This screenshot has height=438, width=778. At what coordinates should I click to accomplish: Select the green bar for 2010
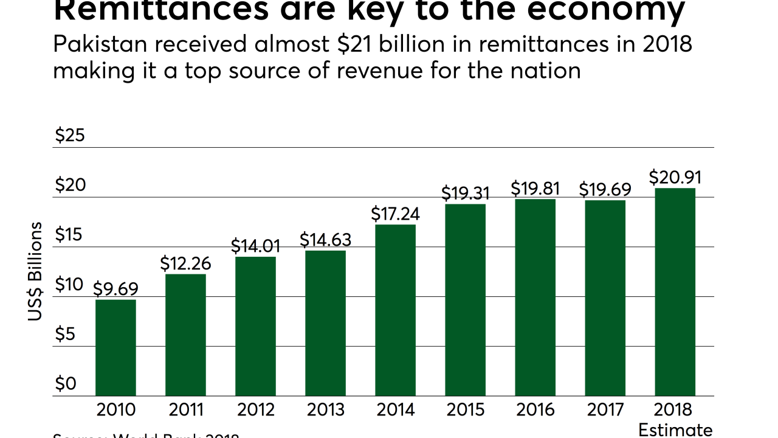[115, 347]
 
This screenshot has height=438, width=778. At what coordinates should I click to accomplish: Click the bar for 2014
[395, 310]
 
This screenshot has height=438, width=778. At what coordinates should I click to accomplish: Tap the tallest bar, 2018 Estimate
[675, 292]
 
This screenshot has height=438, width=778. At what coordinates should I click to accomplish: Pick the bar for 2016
[535, 297]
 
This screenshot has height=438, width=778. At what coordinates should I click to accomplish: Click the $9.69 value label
[115, 288]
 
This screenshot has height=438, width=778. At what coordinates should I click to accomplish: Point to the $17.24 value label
[395, 214]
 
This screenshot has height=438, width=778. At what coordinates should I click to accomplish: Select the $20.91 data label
[675, 177]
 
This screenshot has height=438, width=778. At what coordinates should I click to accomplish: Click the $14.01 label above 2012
[255, 246]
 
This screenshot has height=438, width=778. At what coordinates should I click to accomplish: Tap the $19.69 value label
[605, 189]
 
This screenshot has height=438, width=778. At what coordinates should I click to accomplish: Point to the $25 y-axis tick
[70, 136]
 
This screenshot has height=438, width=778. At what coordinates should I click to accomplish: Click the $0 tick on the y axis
[66, 384]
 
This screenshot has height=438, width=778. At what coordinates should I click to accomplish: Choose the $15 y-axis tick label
[69, 235]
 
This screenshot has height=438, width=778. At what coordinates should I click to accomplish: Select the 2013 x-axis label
[325, 409]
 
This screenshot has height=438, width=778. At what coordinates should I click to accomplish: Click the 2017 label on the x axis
[605, 409]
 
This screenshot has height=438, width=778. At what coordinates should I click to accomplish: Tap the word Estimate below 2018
[675, 430]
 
